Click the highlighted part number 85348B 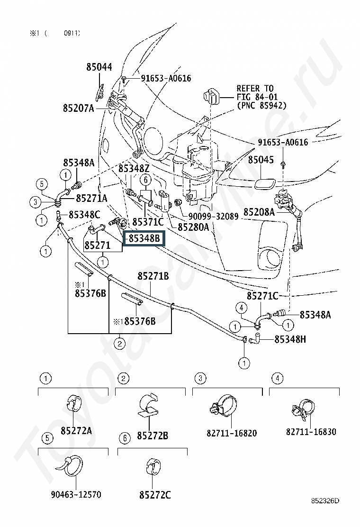[144, 238]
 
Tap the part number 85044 [99, 67]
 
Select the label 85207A [78, 108]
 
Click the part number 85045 [261, 160]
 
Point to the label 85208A [259, 212]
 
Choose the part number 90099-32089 [213, 217]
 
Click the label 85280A [193, 227]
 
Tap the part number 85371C [148, 222]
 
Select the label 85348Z [134, 168]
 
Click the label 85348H [290, 339]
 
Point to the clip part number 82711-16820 [232, 433]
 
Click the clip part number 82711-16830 [311, 432]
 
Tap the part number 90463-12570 [76, 495]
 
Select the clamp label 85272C [155, 495]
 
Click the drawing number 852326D [325, 501]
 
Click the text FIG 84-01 [257, 97]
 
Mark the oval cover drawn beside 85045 [265, 183]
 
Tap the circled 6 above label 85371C [146, 180]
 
